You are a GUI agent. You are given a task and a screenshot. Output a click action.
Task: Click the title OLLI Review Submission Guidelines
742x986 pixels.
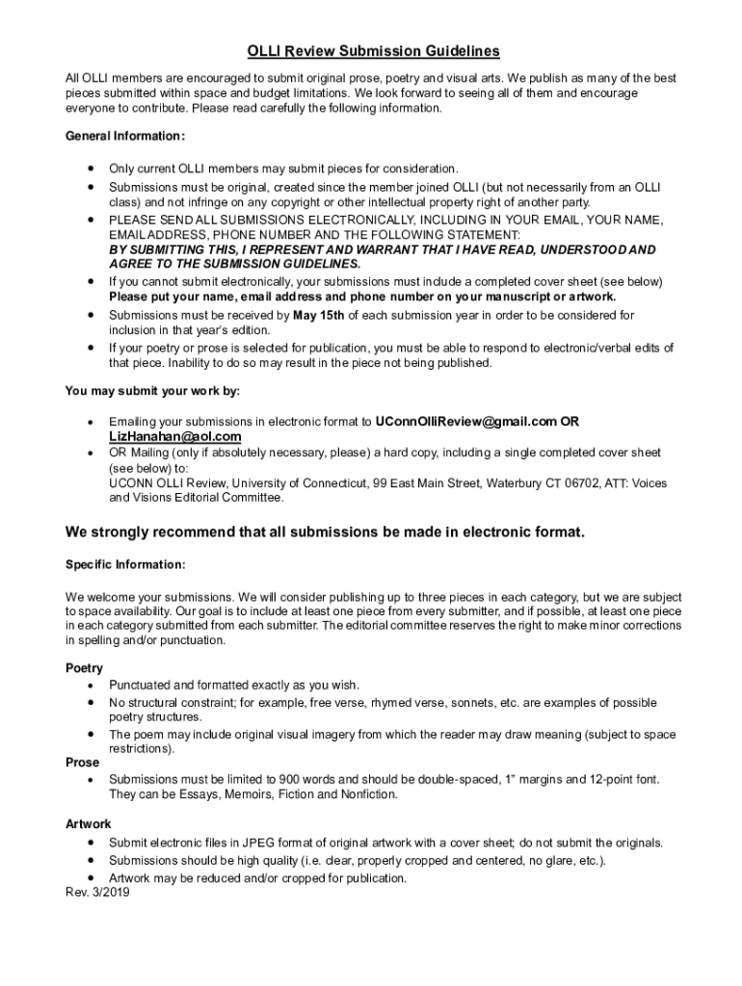373,51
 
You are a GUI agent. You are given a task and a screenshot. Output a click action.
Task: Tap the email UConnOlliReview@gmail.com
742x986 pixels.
466,421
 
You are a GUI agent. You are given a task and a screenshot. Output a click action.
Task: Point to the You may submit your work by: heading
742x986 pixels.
152,391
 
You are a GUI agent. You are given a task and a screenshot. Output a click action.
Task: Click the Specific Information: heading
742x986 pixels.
125,564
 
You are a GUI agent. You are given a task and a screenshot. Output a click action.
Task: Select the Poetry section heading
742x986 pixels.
84,668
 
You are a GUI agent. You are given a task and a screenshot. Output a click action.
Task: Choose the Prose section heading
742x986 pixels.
82,763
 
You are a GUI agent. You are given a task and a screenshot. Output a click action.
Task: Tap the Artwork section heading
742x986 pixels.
88,824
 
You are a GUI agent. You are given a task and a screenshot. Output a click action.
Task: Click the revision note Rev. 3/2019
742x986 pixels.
97,893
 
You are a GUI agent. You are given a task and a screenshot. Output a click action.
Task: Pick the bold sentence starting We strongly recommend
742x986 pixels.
325,532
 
